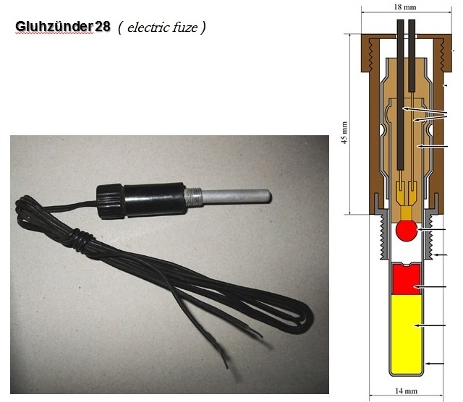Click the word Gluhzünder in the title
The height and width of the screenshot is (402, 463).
tap(54, 27)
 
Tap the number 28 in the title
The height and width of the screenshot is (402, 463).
tap(103, 27)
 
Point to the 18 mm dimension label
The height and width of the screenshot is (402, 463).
tap(405, 7)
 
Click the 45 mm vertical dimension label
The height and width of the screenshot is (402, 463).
tap(344, 132)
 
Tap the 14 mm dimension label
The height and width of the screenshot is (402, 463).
tap(407, 391)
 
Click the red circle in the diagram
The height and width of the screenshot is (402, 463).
tap(407, 230)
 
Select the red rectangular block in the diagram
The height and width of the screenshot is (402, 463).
tap(406, 279)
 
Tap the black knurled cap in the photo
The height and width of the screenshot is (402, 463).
tap(109, 202)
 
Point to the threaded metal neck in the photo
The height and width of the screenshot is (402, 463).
tap(193, 197)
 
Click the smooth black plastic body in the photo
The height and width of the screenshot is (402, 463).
tap(154, 200)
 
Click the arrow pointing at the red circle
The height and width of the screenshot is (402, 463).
tap(431, 229)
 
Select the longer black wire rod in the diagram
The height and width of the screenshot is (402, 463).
tap(401, 95)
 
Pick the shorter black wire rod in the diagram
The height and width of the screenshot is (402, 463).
tap(412, 55)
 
